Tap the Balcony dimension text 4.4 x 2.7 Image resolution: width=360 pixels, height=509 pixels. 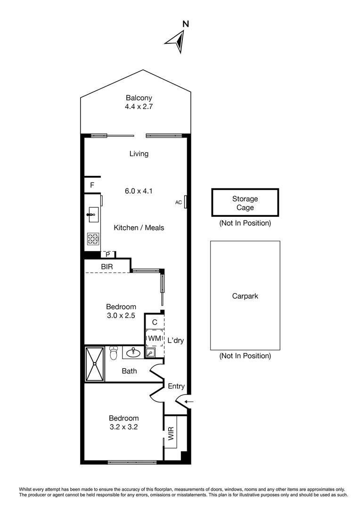139,107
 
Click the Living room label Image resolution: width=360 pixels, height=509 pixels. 139,154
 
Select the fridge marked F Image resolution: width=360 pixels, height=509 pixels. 92,185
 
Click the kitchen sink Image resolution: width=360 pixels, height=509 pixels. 92,215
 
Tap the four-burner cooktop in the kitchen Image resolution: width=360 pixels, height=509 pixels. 92,239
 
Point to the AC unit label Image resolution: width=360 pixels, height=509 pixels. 179,203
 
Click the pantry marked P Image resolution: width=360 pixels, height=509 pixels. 108,254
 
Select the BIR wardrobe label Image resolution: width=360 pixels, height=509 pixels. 106,267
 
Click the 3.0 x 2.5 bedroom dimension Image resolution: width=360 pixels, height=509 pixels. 121,316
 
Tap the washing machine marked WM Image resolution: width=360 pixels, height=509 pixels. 155,338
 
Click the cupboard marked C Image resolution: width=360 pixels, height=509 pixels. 155,322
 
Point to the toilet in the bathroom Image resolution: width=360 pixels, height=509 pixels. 113,353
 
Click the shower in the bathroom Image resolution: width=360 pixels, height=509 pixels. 95,364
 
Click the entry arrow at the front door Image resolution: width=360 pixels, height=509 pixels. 188,402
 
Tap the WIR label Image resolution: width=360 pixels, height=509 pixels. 170,432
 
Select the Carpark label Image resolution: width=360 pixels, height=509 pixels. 245,296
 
